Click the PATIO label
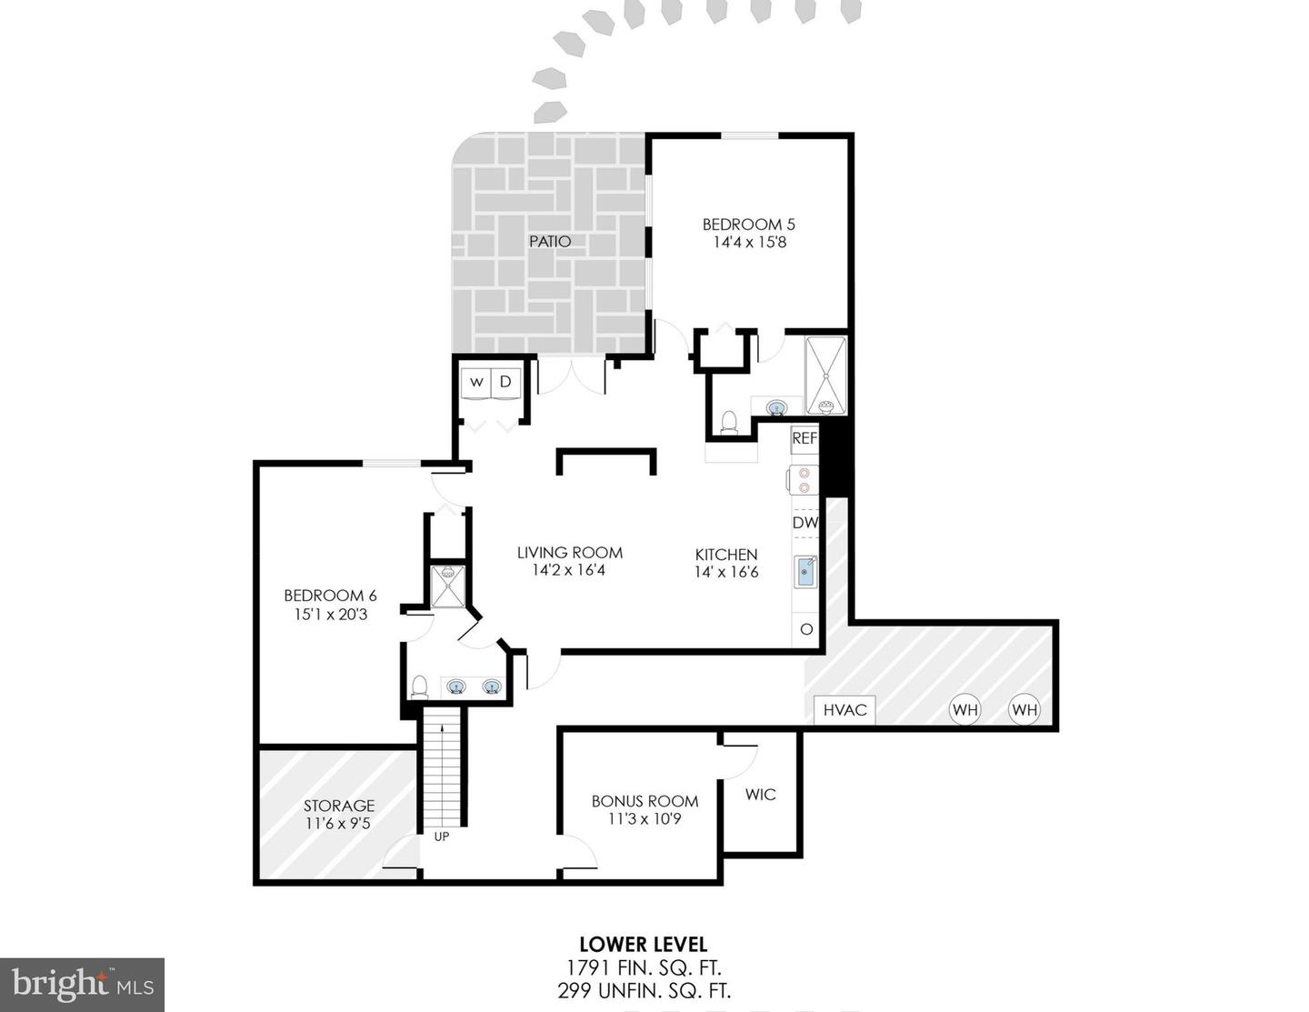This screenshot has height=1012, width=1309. click(x=550, y=241)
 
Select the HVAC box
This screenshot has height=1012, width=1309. click(x=844, y=709)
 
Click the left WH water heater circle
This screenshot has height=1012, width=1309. click(x=964, y=709)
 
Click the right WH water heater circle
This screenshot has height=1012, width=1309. click(x=1024, y=709)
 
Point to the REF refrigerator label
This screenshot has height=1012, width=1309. click(x=804, y=437)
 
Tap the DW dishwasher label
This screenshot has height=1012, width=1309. click(x=804, y=523)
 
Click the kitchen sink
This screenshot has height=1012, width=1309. click(x=805, y=573)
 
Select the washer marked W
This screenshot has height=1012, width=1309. click(x=476, y=383)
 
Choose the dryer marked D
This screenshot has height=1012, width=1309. click(x=505, y=383)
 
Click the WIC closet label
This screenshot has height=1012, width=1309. click(x=761, y=794)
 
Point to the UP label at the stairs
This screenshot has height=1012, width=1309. click(x=441, y=837)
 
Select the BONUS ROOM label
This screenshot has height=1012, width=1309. click(x=645, y=801)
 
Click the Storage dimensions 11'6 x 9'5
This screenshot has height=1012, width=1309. click(x=338, y=824)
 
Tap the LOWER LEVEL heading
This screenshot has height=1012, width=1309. click(x=643, y=945)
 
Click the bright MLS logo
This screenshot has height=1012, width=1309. click(x=82, y=985)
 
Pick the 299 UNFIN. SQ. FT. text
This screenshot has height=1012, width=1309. click(x=643, y=990)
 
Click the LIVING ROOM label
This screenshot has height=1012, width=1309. click(x=569, y=552)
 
